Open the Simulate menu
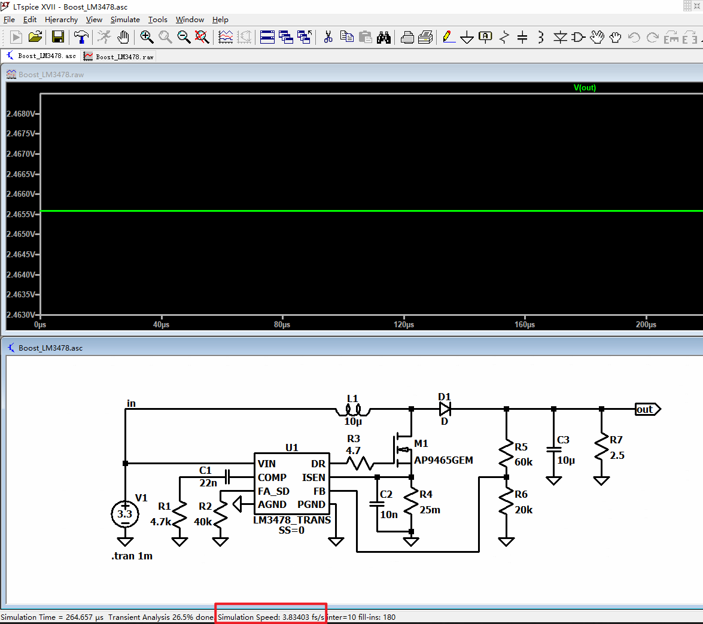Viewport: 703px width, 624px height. [x=125, y=20]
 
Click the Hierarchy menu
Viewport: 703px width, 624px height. [x=61, y=20]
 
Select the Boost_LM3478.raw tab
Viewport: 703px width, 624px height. [x=119, y=56]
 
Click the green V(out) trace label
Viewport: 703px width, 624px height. [x=585, y=88]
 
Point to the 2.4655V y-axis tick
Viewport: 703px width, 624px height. [x=20, y=214]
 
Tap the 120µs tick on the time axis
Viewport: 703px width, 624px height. [x=404, y=325]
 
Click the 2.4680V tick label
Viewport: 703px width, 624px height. [x=20, y=114]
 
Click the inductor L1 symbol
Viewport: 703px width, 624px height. [x=352, y=410]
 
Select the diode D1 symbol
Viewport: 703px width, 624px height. [x=445, y=409]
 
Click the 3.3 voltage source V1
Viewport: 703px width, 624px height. [x=125, y=514]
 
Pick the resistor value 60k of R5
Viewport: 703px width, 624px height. [x=524, y=462]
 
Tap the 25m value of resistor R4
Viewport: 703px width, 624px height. [x=430, y=510]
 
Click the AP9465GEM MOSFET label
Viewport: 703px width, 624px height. [x=443, y=460]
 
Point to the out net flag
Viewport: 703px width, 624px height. [x=647, y=409]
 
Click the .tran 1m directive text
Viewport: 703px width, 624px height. [x=132, y=556]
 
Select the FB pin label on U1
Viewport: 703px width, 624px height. [x=319, y=491]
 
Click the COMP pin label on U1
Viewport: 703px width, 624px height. [x=272, y=477]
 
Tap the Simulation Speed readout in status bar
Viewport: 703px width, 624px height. [x=270, y=617]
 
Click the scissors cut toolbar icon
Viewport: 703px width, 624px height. [x=328, y=37]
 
